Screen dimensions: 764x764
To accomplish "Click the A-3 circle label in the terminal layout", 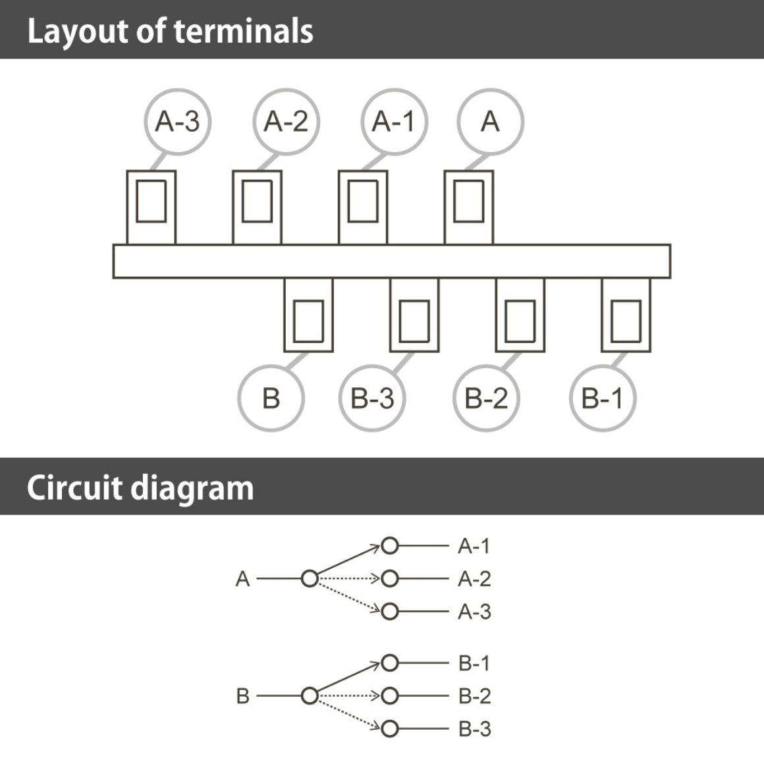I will (x=177, y=122).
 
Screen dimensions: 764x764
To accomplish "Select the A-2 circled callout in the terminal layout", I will (x=286, y=122).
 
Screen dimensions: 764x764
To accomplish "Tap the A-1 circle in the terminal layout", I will (x=394, y=122).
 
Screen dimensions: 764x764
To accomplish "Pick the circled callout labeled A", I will (x=490, y=122).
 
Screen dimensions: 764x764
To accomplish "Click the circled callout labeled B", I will (x=271, y=398).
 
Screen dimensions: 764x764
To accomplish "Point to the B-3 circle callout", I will (x=373, y=398).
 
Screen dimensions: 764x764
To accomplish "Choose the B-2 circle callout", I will (x=486, y=398).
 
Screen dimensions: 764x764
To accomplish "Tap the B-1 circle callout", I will (x=602, y=398).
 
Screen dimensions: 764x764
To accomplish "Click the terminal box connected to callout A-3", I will (x=151, y=207).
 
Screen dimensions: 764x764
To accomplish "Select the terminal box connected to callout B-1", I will (x=626, y=315).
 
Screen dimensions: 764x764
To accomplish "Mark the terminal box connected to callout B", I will (x=308, y=315).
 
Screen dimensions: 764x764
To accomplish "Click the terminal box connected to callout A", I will (x=468, y=207).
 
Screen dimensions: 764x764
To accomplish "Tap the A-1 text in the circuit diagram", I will (x=474, y=546).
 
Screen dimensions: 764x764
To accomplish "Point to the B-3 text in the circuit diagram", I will (x=474, y=729).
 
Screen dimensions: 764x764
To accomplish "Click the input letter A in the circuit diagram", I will (x=242, y=580).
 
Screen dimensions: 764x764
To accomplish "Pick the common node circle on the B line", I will (x=309, y=696).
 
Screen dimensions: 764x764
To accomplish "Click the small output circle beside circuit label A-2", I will (x=390, y=579).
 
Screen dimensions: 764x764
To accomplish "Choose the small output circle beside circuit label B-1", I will (x=390, y=663).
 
